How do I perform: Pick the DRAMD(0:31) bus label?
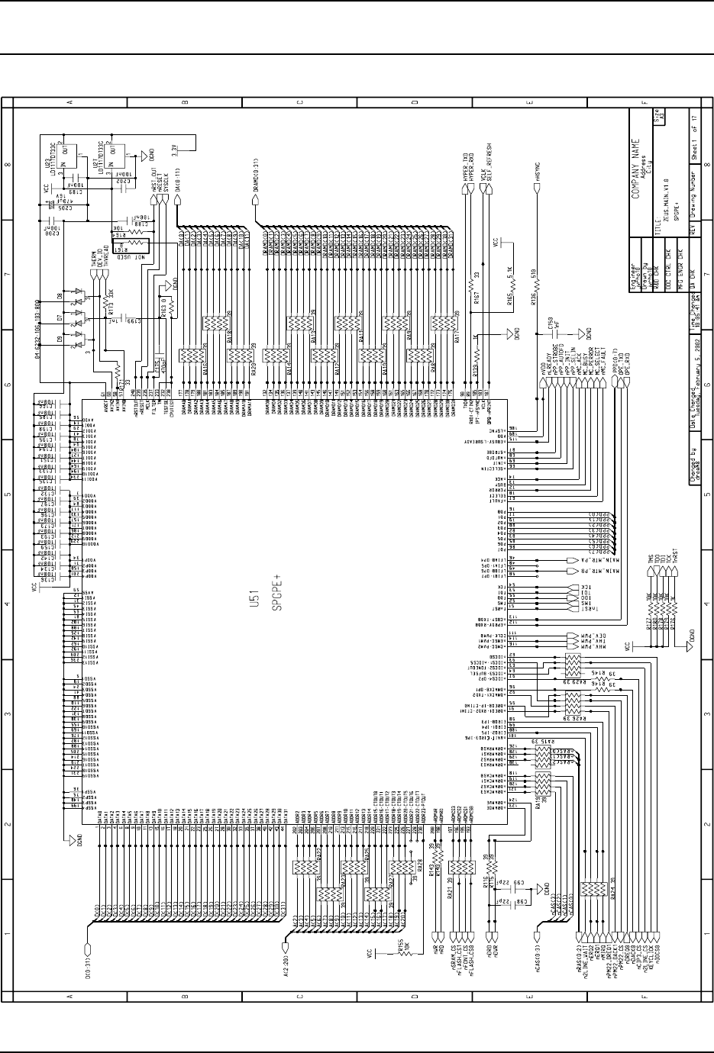(254, 174)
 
